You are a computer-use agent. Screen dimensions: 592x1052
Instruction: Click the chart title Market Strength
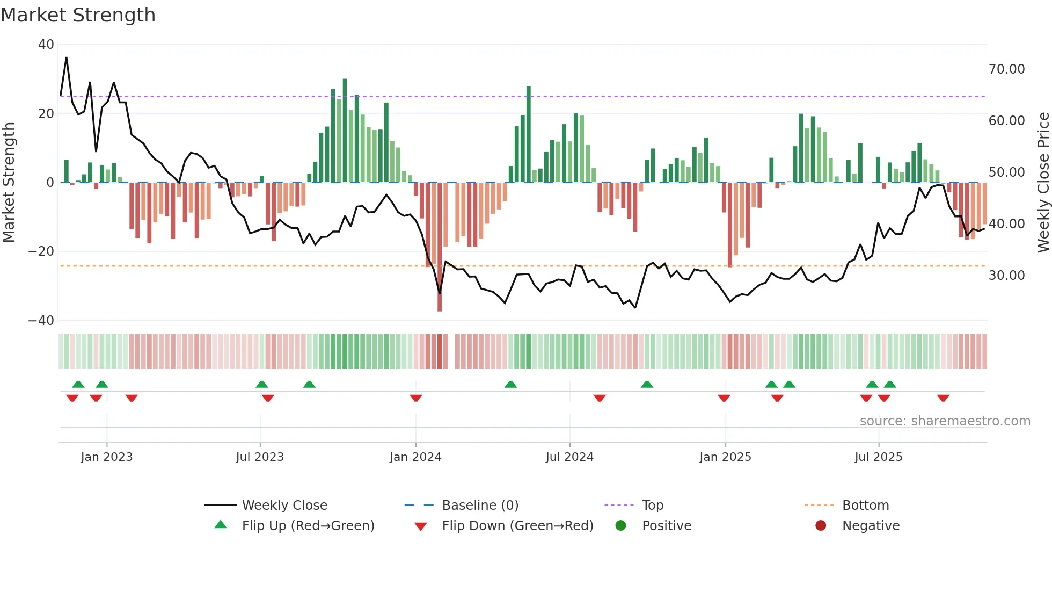click(x=78, y=15)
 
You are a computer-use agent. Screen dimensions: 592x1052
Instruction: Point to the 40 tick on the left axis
click(x=46, y=45)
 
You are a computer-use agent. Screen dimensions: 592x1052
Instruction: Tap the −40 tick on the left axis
click(x=41, y=321)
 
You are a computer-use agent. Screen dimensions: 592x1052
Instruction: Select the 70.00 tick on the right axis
click(x=1006, y=69)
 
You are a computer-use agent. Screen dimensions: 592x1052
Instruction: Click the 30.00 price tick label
click(x=1006, y=276)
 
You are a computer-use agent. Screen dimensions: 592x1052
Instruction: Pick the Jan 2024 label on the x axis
click(x=415, y=457)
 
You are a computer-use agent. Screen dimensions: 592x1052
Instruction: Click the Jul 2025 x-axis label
click(x=878, y=457)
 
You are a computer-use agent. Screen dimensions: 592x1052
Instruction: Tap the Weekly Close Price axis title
click(x=1043, y=183)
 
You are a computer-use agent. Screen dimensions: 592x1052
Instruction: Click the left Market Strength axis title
click(x=9, y=183)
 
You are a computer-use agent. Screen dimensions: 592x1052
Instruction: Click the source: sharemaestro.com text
click(x=945, y=421)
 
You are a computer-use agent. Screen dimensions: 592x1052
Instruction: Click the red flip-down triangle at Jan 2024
click(x=416, y=398)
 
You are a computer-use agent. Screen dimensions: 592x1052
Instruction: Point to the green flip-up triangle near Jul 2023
click(x=262, y=384)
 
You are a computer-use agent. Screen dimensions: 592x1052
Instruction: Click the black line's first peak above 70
click(x=67, y=58)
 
